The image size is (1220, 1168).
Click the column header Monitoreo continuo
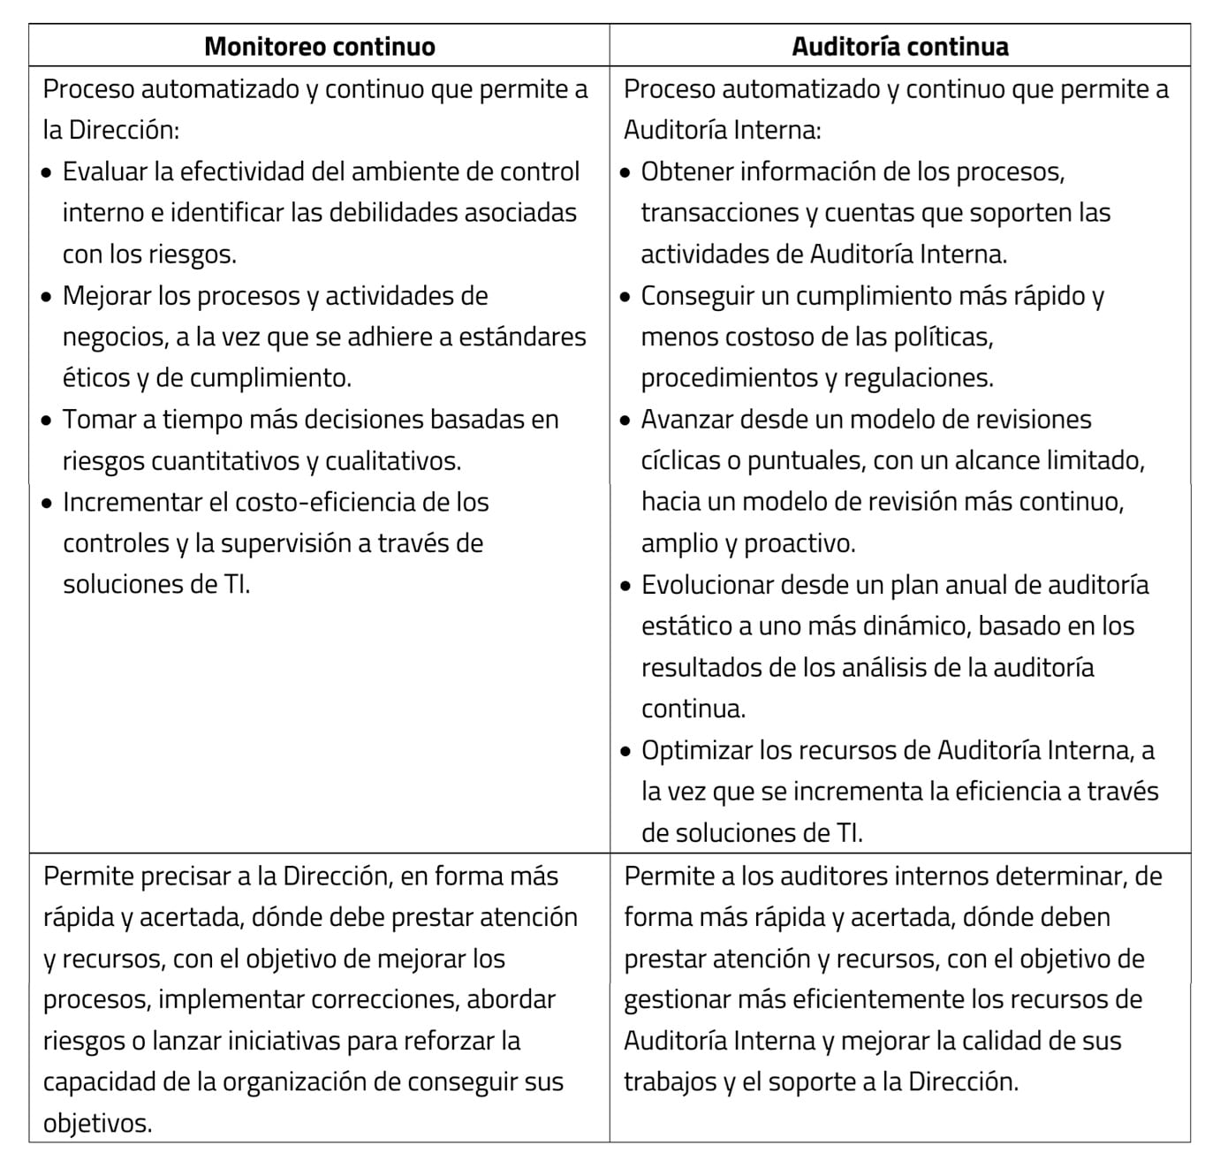tap(319, 47)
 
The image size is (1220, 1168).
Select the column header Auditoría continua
tap(899, 47)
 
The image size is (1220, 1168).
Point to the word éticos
tap(95, 378)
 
